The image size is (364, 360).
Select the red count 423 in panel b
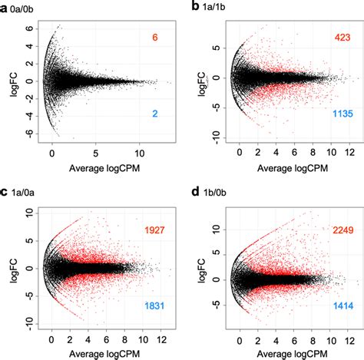pyautogui.click(x=342, y=38)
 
